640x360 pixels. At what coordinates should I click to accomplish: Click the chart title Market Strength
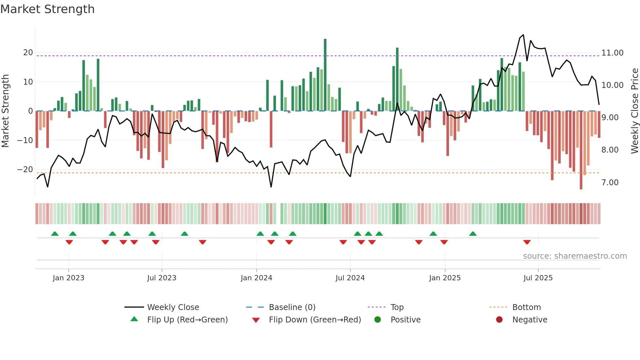(47, 9)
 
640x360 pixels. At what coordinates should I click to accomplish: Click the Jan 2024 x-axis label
(256, 278)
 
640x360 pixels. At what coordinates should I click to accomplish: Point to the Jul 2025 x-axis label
(538, 278)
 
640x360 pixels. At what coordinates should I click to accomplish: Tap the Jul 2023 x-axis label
(162, 278)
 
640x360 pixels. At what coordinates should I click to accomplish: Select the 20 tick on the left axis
(28, 53)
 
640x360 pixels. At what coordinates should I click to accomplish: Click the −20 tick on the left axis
(25, 170)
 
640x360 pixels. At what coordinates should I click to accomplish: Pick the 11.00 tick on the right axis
(612, 53)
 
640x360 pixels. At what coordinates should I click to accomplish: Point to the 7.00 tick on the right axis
(610, 183)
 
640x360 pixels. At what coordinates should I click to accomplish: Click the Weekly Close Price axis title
(634, 111)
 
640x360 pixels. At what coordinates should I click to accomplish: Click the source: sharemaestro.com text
(575, 256)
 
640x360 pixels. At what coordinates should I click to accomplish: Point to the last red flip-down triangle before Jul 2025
(527, 242)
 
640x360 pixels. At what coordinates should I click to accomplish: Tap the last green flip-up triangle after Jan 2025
(473, 234)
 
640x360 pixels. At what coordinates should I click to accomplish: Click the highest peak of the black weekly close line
(523, 35)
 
